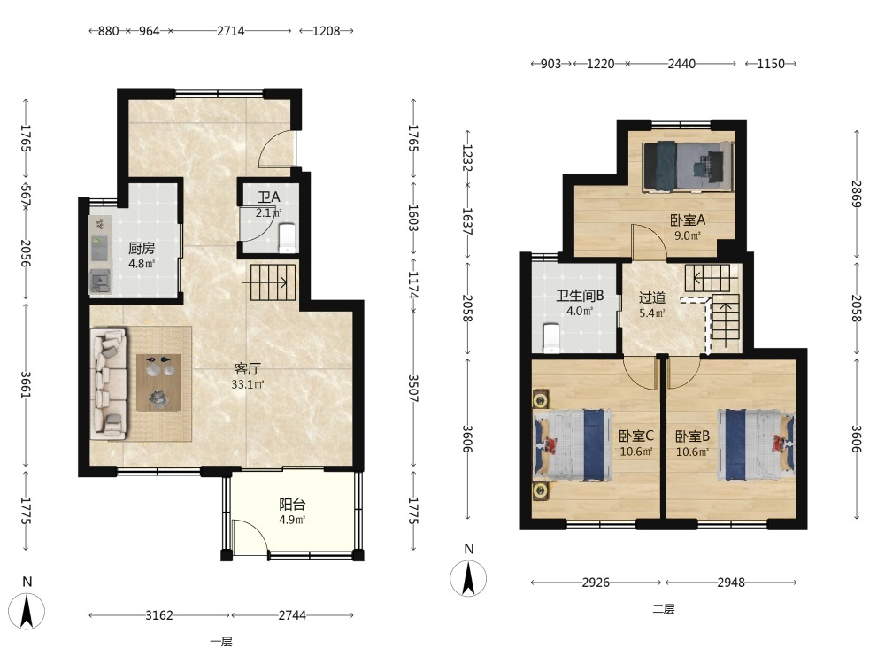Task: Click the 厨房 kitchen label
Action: (141, 249)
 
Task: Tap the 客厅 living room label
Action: (247, 369)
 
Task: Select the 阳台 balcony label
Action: (292, 505)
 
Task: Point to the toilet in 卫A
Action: (288, 238)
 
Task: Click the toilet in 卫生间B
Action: (550, 338)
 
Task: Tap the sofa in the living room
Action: (109, 384)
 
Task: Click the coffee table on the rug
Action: (158, 382)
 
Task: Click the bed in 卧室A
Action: (689, 165)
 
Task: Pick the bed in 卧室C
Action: (573, 445)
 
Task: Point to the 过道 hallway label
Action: (652, 297)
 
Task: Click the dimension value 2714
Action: (231, 31)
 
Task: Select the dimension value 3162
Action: (159, 615)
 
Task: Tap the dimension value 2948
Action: (731, 583)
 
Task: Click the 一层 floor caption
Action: (221, 641)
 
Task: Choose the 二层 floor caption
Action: (664, 609)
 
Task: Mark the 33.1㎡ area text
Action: (247, 384)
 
